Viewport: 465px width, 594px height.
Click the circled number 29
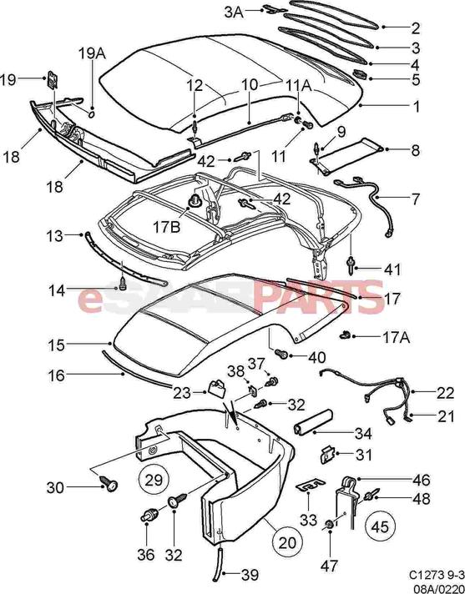point(154,480)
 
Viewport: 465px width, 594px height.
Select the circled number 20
point(287,542)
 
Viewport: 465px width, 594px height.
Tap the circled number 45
point(381,526)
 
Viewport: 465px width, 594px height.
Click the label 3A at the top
point(235,12)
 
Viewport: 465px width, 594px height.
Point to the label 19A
point(92,53)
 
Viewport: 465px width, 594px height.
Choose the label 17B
point(166,227)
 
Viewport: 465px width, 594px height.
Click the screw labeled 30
point(109,483)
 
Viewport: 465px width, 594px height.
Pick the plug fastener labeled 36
point(149,515)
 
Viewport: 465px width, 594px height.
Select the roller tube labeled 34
point(313,420)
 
